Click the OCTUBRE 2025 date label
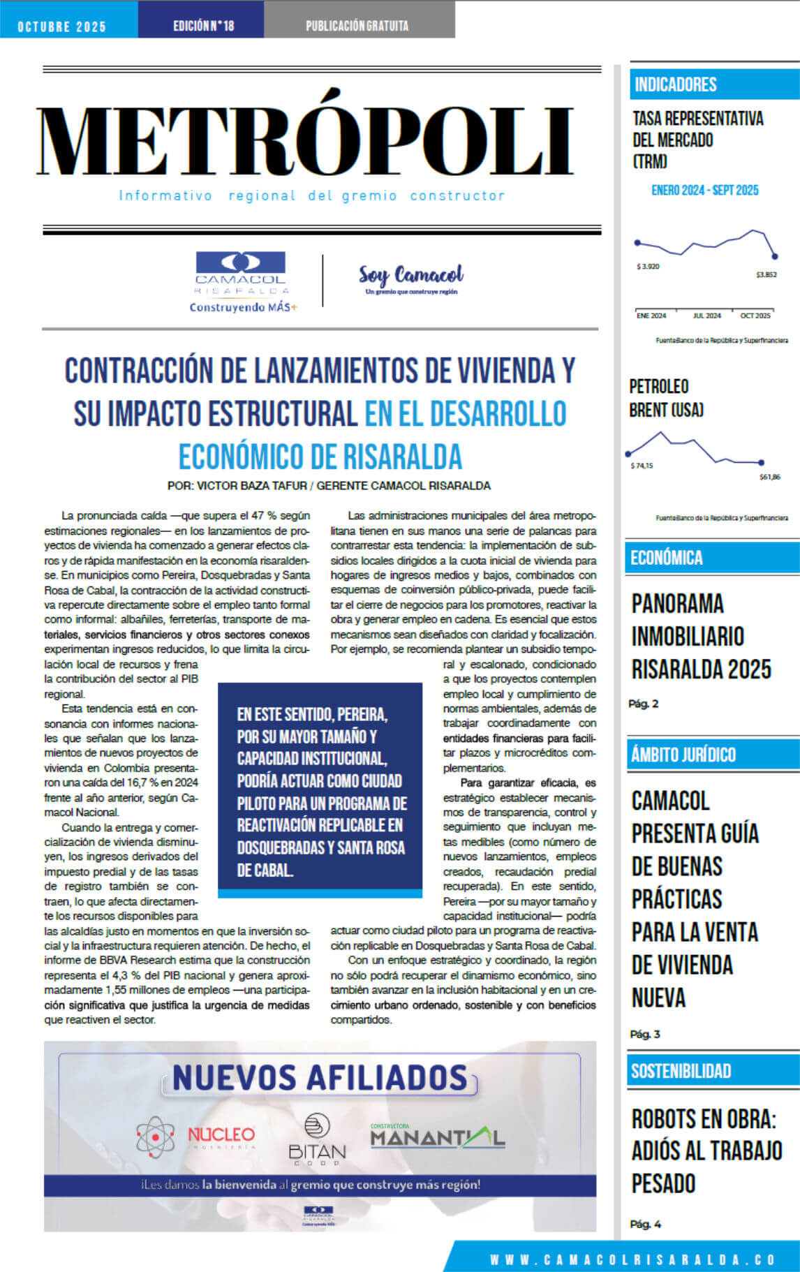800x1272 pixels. pyautogui.click(x=61, y=27)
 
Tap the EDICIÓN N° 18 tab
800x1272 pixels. pyautogui.click(x=203, y=26)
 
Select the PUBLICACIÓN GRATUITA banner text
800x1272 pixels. pyautogui.click(x=357, y=26)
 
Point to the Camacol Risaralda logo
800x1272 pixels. pyautogui.click(x=241, y=281)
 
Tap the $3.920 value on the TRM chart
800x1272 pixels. pyautogui.click(x=647, y=267)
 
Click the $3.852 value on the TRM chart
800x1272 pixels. pyautogui.click(x=766, y=275)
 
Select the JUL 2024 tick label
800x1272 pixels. pyautogui.click(x=706, y=316)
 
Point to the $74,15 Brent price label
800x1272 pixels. pyautogui.click(x=642, y=466)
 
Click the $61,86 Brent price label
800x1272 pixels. pyautogui.click(x=769, y=478)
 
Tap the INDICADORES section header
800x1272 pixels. pyautogui.click(x=676, y=84)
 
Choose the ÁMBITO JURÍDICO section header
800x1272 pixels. pyautogui.click(x=683, y=755)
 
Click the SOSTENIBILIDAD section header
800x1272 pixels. pyautogui.click(x=681, y=1071)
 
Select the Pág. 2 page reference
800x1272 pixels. pyautogui.click(x=643, y=704)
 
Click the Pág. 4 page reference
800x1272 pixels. pyautogui.click(x=645, y=1224)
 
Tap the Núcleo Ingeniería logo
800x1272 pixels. pyautogui.click(x=196, y=1136)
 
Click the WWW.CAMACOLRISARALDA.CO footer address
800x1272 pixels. pyautogui.click(x=632, y=1259)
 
